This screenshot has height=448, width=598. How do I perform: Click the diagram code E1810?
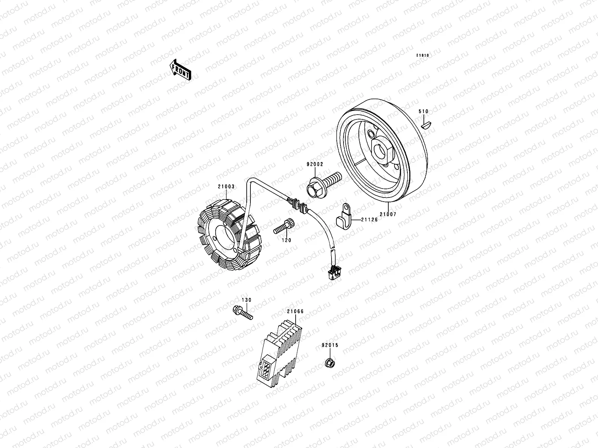point(423,56)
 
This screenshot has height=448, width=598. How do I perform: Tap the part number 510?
point(423,111)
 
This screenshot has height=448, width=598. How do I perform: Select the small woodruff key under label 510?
point(426,125)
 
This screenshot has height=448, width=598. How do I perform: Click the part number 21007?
point(388,214)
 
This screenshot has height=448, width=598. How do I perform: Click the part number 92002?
point(315,164)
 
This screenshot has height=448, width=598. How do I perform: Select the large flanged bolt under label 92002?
point(323,185)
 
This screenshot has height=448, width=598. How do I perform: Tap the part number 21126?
point(370,220)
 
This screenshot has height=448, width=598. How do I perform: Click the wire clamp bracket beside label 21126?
point(344,217)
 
